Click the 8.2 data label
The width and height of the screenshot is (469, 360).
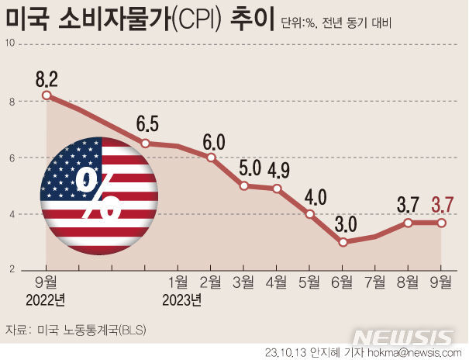pyautogui.click(x=47, y=79)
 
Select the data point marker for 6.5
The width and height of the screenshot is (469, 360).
pyautogui.click(x=146, y=144)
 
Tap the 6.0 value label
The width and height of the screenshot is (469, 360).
pyautogui.click(x=213, y=142)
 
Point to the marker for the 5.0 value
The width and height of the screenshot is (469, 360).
pyautogui.click(x=244, y=186)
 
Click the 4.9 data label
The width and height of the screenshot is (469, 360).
pyautogui.click(x=278, y=171)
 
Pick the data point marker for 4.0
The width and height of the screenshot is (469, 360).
pyautogui.click(x=310, y=214)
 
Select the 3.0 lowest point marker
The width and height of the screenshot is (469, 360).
pyautogui.click(x=343, y=242)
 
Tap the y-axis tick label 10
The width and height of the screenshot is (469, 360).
pyautogui.click(x=10, y=43)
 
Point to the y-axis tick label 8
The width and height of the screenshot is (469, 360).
pyautogui.click(x=12, y=102)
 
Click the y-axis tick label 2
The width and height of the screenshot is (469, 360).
pyautogui.click(x=12, y=269)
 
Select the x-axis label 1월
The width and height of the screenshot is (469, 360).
pyautogui.click(x=178, y=282)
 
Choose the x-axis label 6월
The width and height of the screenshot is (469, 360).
pyautogui.click(x=342, y=282)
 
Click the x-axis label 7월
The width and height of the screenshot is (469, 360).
pyautogui.click(x=375, y=282)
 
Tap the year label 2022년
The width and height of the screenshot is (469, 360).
pyautogui.click(x=46, y=300)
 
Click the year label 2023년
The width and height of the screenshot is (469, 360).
pyautogui.click(x=182, y=300)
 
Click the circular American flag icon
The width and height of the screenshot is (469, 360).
pyautogui.click(x=99, y=196)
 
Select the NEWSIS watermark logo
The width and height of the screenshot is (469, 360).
pyautogui.click(x=402, y=337)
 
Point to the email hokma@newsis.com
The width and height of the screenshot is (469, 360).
pyautogui.click(x=414, y=353)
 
